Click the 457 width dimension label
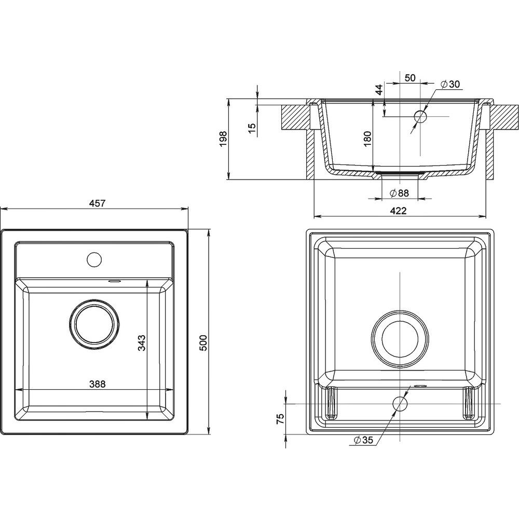[x=98, y=203]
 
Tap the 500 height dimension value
[x=203, y=343]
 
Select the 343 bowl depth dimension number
[x=142, y=343]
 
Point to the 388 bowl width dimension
[x=98, y=384]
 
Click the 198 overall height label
[x=223, y=139]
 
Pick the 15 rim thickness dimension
[x=252, y=128]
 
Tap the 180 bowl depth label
[x=367, y=139]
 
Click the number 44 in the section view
[x=379, y=89]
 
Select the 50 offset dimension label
[x=410, y=78]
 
